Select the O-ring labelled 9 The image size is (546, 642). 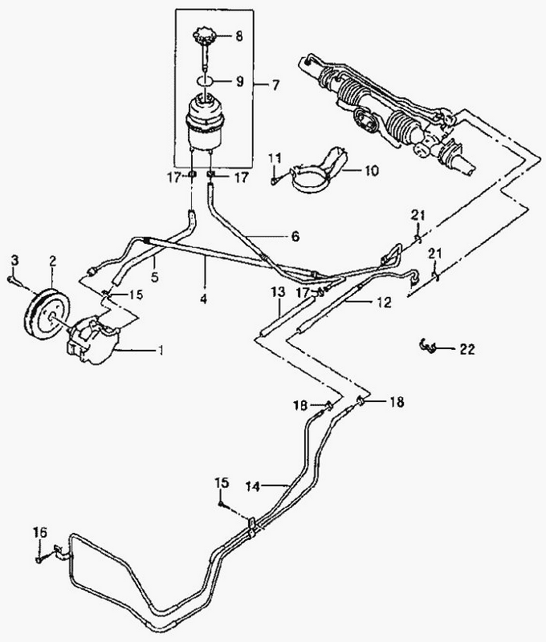click(x=206, y=80)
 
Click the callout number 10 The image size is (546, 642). click(x=371, y=171)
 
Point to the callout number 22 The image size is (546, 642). click(x=467, y=349)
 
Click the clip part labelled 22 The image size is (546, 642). click(x=430, y=346)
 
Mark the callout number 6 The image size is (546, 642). click(x=295, y=237)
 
